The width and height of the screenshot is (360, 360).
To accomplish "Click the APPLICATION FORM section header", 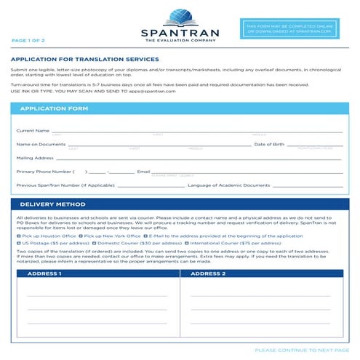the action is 54,108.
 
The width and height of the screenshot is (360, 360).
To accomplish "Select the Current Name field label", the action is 33,130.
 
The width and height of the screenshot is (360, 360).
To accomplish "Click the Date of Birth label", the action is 269,144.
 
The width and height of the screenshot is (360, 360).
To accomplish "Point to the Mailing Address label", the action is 35,157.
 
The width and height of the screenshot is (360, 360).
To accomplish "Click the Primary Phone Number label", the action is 44,171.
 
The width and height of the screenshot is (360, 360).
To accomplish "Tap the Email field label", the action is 143,171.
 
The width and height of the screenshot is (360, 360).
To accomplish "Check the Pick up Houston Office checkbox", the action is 18,236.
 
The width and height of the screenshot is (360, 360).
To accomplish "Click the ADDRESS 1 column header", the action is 44,273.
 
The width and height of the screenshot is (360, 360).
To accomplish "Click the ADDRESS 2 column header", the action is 208,273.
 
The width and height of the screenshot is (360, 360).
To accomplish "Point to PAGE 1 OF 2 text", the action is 28,41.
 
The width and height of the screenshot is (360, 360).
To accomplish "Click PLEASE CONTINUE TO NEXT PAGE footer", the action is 302,350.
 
